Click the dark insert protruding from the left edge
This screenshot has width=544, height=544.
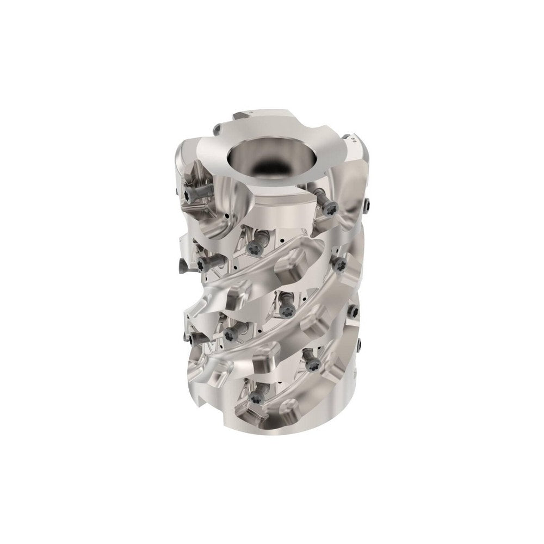(x=182, y=264)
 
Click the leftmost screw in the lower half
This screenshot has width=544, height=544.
(x=195, y=338)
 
